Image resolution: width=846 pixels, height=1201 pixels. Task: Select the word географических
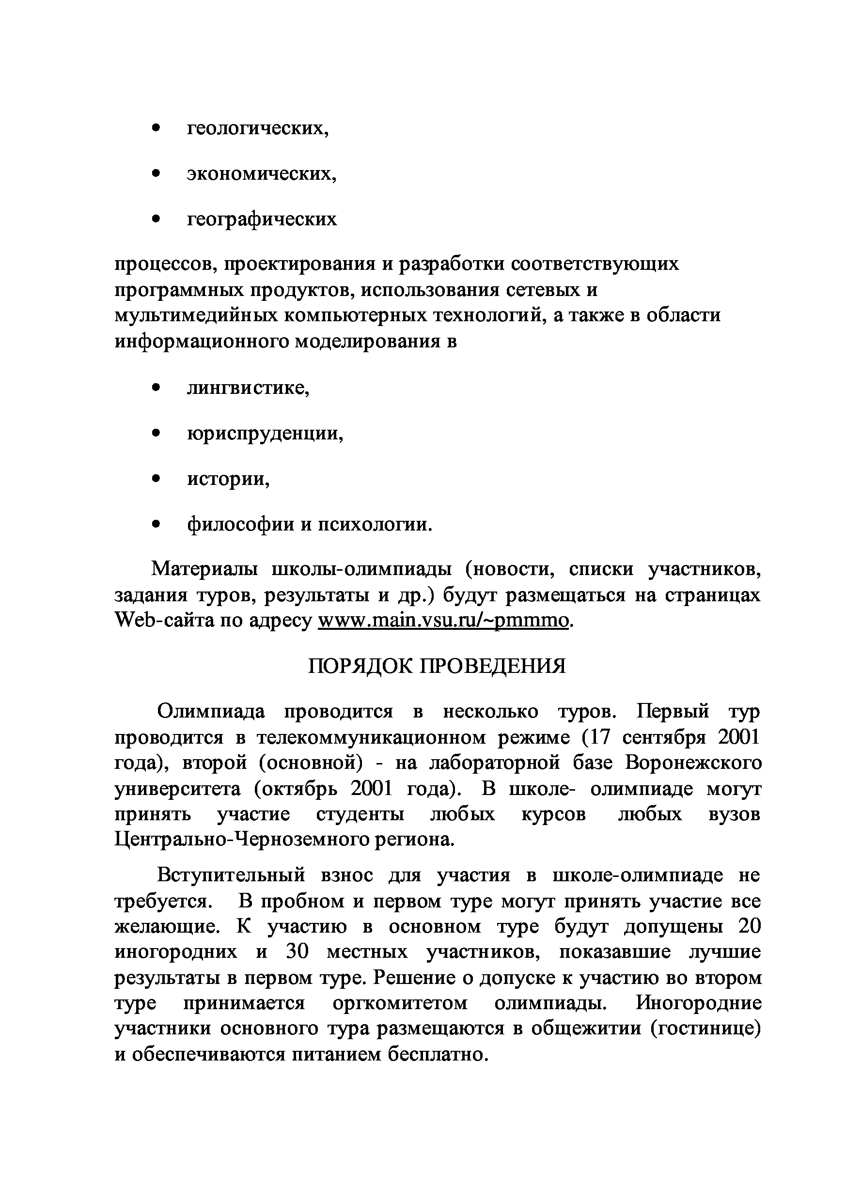[x=262, y=218]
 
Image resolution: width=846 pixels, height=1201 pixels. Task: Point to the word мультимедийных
[x=196, y=315]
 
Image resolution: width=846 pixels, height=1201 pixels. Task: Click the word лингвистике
[x=248, y=388]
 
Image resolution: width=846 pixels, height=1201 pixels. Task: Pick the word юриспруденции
[x=265, y=434]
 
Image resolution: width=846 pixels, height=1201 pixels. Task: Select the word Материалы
[x=204, y=569]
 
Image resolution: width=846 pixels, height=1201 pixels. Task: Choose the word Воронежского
[x=693, y=763]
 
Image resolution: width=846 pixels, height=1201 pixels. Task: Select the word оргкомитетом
[x=400, y=1003]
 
